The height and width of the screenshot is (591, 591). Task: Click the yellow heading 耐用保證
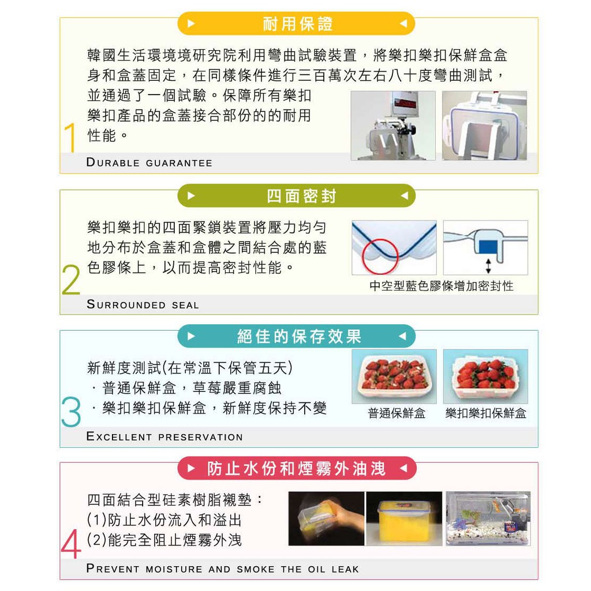(297, 24)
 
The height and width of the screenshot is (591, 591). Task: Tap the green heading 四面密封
(301, 196)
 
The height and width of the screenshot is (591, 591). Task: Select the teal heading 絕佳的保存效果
(300, 336)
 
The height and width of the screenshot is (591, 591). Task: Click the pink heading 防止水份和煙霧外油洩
(296, 469)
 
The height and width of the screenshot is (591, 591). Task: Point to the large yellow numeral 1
(70, 137)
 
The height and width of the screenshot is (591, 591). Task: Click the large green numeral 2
(71, 279)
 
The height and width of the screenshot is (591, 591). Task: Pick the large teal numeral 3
(71, 412)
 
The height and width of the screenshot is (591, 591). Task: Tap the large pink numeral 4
(71, 544)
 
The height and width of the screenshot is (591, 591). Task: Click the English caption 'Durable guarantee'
(149, 162)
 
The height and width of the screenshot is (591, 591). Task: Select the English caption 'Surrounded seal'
(143, 304)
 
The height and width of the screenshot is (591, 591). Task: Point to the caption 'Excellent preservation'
(164, 436)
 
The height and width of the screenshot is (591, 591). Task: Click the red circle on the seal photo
(380, 256)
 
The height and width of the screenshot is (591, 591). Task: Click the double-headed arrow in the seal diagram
(488, 265)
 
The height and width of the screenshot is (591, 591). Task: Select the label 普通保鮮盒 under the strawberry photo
(397, 413)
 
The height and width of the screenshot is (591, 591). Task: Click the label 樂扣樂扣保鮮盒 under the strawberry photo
(485, 413)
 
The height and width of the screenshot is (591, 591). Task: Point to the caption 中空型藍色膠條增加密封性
(442, 286)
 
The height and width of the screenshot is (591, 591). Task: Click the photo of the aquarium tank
(488, 519)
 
